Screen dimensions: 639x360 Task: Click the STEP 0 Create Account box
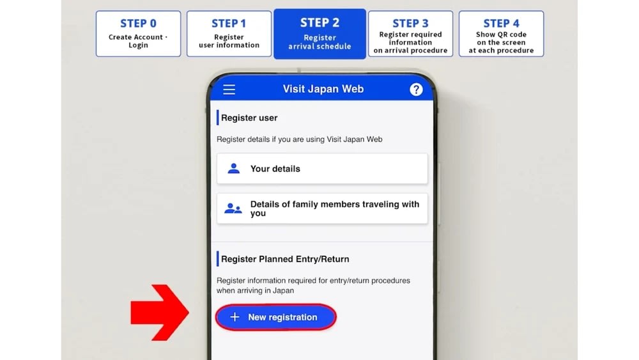(x=138, y=34)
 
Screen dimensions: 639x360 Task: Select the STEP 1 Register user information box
(x=229, y=34)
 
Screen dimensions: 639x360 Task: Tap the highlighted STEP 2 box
(x=320, y=34)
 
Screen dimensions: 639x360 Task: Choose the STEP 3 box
(x=410, y=34)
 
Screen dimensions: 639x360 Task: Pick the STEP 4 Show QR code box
(x=501, y=34)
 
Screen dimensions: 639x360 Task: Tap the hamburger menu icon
(x=229, y=90)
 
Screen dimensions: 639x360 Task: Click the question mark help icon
(x=416, y=90)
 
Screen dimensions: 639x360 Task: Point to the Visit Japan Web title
(x=323, y=89)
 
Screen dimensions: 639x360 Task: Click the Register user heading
(x=249, y=118)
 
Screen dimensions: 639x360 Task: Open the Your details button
(x=322, y=169)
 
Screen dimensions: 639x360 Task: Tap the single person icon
(x=233, y=168)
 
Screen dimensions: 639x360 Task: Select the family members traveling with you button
(x=322, y=208)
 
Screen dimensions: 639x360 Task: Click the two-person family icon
(x=233, y=208)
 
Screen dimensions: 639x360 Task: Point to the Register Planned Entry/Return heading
(x=285, y=259)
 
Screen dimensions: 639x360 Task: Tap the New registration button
(x=276, y=317)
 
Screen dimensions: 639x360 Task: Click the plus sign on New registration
(x=235, y=317)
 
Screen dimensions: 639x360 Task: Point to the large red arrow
(x=160, y=313)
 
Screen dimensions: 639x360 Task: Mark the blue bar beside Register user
(x=218, y=118)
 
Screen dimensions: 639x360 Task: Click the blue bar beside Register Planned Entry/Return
(x=218, y=259)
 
